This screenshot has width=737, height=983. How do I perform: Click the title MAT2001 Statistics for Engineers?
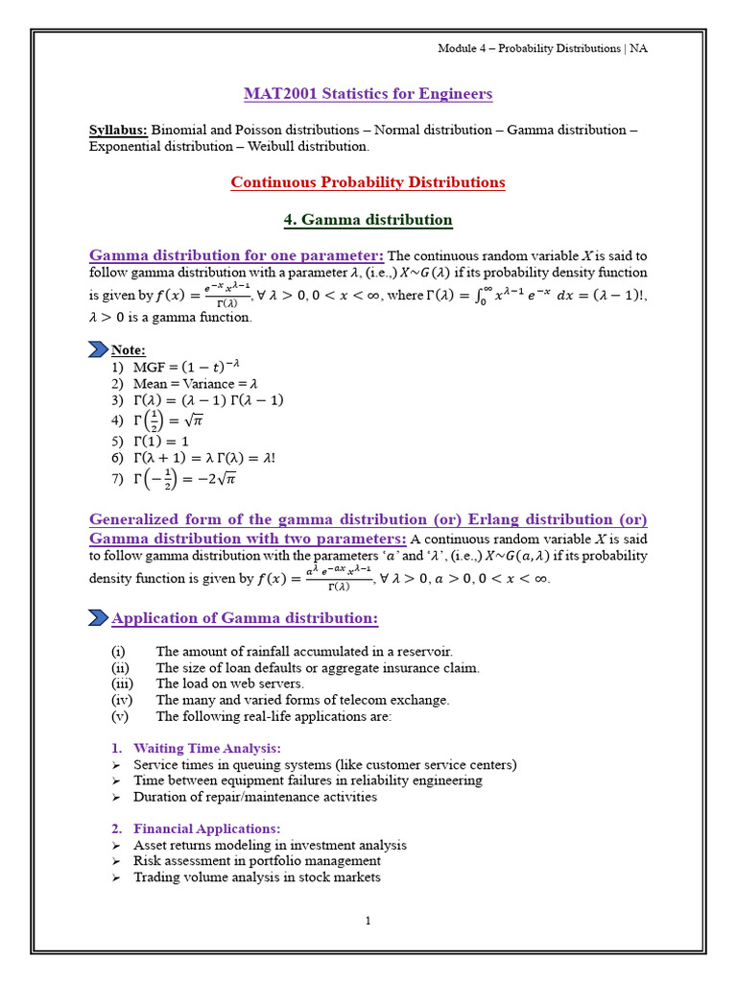coord(368,94)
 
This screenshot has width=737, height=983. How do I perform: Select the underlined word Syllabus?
coord(118,131)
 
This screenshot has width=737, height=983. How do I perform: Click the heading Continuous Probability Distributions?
coord(368,182)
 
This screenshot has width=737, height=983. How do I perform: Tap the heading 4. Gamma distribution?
coord(368,220)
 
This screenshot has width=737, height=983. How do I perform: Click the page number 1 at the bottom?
coord(368,921)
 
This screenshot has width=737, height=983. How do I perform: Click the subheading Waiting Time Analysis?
coord(206,748)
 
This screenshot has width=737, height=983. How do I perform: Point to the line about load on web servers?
coord(229,683)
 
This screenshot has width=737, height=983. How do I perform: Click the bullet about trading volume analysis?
coord(256,877)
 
